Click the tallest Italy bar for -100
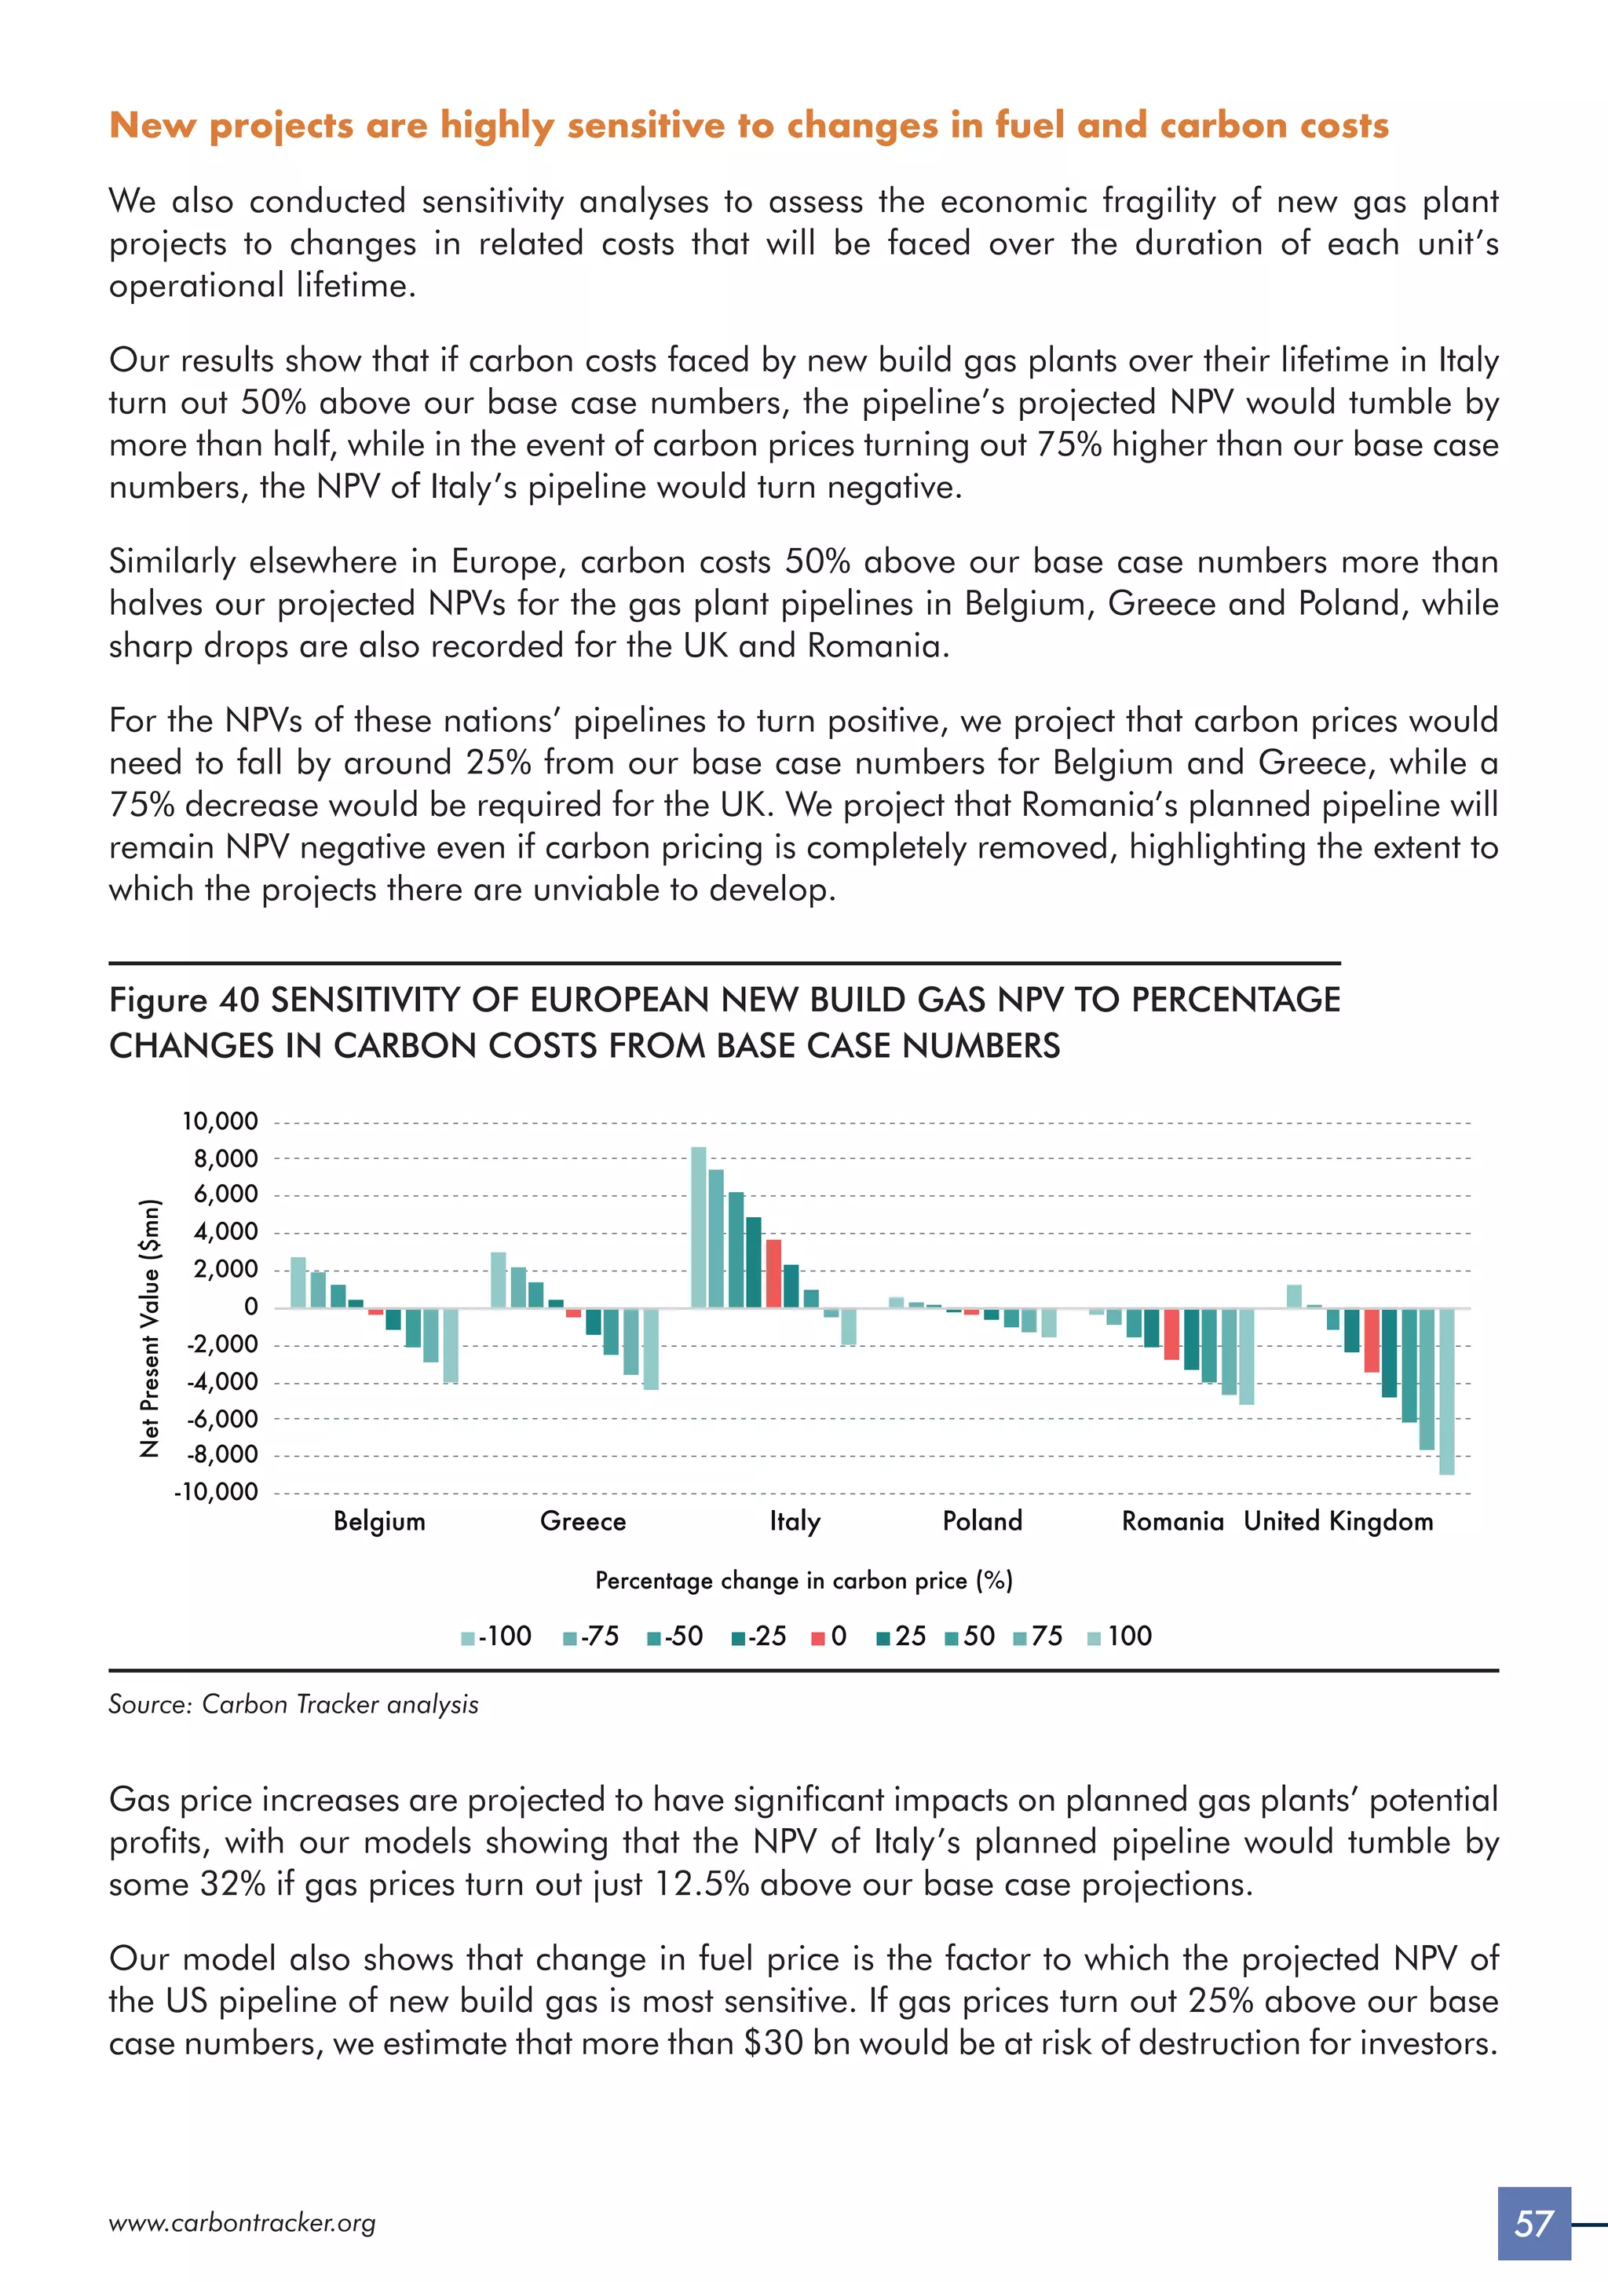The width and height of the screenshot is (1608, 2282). coord(699,1227)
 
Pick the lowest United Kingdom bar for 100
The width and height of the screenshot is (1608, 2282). coord(1447,1391)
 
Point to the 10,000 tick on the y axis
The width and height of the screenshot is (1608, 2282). coord(220,1122)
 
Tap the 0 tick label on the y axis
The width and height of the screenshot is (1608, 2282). coord(250,1307)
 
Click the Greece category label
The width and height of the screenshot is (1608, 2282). coord(583,1522)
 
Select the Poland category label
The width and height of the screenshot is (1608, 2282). coord(982,1522)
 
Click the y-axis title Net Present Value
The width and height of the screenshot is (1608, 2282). coord(150,1328)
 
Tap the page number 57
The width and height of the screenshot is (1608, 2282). coord(1533,2223)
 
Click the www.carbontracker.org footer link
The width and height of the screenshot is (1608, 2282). coord(243,2223)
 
